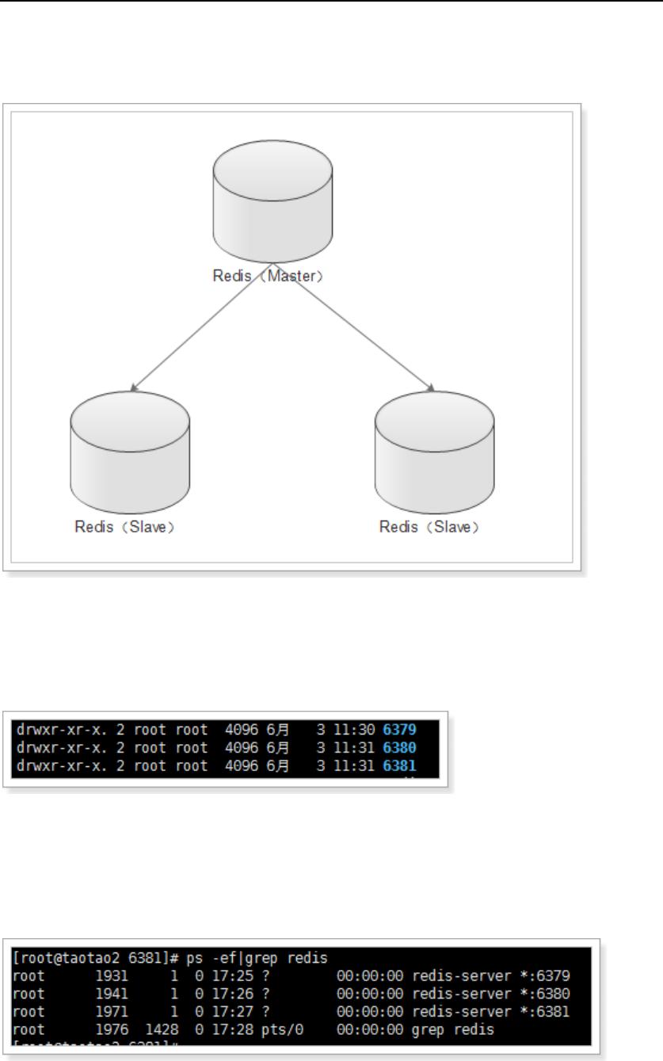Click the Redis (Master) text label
[269, 277]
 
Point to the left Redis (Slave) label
[124, 527]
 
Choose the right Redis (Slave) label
[430, 527]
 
